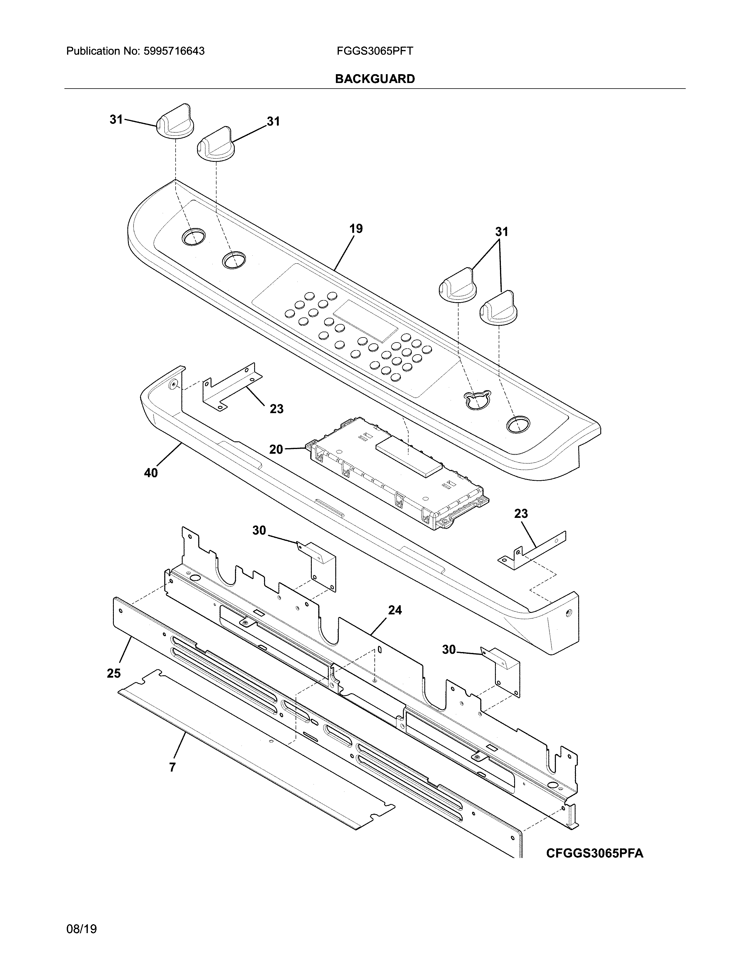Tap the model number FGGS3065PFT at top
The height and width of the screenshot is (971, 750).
(374, 51)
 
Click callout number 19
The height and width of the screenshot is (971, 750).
(356, 229)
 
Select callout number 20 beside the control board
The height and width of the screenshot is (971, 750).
(276, 450)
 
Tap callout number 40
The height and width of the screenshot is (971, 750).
(151, 473)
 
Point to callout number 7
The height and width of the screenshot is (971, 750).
(172, 767)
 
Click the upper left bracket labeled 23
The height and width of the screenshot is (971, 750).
(231, 385)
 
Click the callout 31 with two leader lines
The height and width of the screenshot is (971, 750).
(502, 232)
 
